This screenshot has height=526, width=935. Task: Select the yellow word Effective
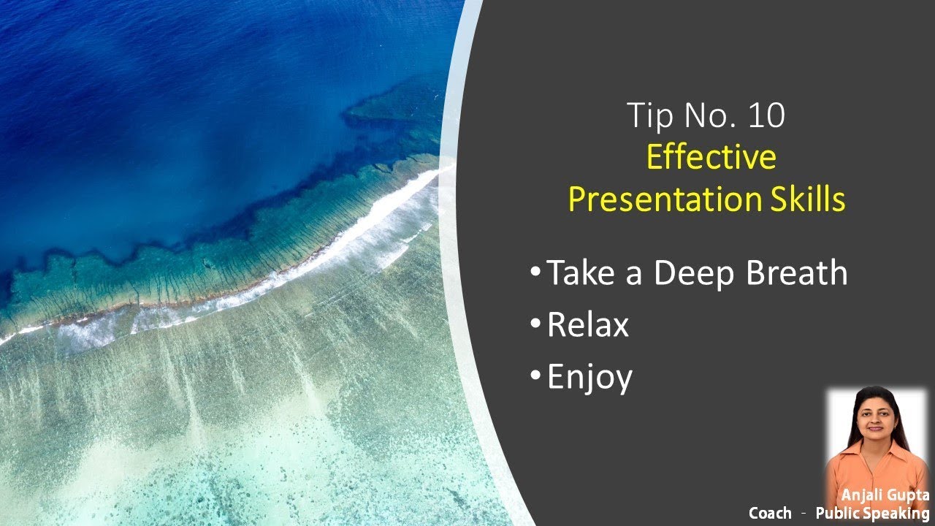click(711, 158)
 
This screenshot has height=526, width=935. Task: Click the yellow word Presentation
click(660, 199)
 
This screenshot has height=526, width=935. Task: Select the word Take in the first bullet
click(580, 272)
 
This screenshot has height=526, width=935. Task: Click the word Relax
click(587, 325)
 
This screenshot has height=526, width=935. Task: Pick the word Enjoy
click(589, 378)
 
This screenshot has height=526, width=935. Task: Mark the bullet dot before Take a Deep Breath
click(536, 271)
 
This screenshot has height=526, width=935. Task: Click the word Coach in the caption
click(769, 514)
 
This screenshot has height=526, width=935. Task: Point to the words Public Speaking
click(872, 514)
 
